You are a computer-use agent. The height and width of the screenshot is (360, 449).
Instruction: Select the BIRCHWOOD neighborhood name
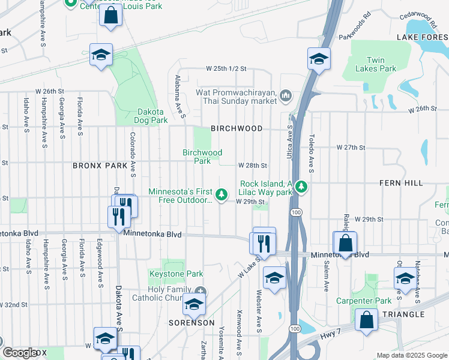pyautogui.click(x=237, y=128)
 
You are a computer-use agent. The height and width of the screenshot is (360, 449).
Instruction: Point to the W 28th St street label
pyautogui.click(x=252, y=165)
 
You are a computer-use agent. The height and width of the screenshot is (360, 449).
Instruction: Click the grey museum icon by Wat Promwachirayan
pyautogui.click(x=286, y=95)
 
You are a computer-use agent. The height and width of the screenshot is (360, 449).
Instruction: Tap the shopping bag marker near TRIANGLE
pyautogui.click(x=366, y=320)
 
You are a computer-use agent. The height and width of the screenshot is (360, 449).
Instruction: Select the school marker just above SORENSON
pyautogui.click(x=194, y=306)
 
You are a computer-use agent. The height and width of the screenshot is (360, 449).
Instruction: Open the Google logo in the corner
pyautogui.click(x=20, y=352)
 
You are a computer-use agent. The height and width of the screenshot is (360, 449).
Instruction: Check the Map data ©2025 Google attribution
pyautogui.click(x=411, y=355)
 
